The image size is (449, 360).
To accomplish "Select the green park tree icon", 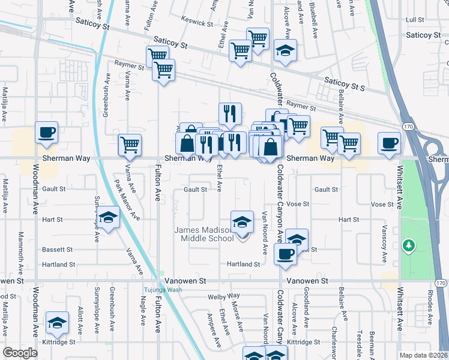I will click(409, 245).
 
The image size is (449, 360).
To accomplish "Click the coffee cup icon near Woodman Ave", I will click(46, 133).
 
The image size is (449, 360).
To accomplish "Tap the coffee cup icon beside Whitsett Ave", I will click(389, 143).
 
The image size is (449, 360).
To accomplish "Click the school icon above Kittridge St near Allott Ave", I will click(58, 323).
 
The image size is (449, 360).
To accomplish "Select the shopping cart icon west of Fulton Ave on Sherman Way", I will click(130, 145).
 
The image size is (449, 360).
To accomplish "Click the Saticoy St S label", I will click(344, 83).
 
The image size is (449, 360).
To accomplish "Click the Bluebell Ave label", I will click(313, 18).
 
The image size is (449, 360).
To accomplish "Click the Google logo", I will click(20, 353).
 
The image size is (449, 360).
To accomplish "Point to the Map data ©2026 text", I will click(423, 355).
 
